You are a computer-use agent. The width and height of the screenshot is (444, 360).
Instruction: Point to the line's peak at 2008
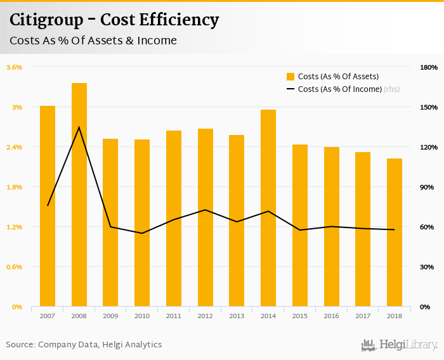(79, 127)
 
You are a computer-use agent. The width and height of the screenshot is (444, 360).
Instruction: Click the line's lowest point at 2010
(142, 233)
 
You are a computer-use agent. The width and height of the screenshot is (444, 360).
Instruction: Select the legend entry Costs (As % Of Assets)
(329, 77)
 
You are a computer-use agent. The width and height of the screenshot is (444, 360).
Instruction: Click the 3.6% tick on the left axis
(15, 67)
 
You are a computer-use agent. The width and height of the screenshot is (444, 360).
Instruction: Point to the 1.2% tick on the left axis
(15, 227)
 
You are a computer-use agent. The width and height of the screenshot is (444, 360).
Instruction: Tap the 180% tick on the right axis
(429, 67)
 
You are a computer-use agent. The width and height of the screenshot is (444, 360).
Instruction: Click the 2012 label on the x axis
(206, 316)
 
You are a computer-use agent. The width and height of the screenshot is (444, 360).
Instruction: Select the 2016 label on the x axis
(332, 316)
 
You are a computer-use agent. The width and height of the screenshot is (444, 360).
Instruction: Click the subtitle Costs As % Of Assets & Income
(93, 41)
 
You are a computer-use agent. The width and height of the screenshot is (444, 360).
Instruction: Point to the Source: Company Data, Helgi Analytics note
(84, 345)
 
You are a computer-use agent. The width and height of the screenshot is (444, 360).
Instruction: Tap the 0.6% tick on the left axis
(15, 267)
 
